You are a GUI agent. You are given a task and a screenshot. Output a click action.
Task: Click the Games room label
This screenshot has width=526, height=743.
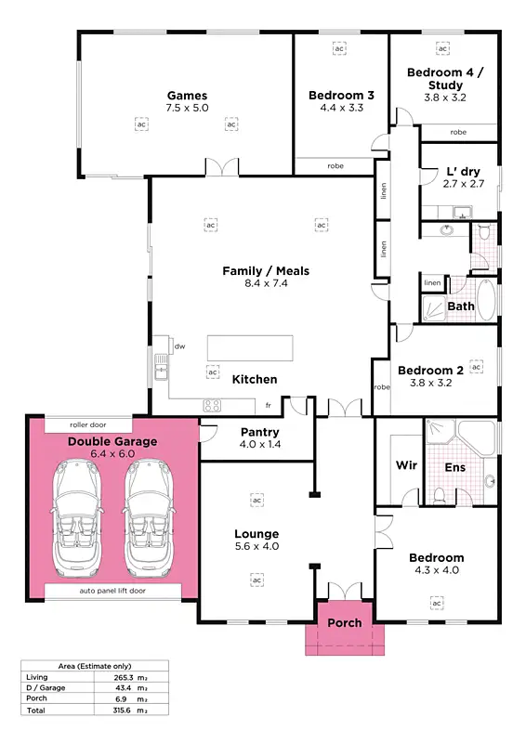pyautogui.click(x=187, y=95)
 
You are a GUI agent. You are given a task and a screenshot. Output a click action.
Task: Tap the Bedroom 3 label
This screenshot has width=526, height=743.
pyautogui.click(x=341, y=95)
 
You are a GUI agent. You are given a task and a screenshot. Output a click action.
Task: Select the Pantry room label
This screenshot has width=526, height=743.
pyautogui.click(x=260, y=432)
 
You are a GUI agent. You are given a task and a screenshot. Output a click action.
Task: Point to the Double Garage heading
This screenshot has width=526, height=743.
pyautogui.click(x=112, y=441)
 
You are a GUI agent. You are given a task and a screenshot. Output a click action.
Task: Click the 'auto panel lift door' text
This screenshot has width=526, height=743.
pyautogui.click(x=112, y=591)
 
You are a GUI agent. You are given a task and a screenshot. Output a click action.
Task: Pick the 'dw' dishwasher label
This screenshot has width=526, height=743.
pyautogui.click(x=179, y=346)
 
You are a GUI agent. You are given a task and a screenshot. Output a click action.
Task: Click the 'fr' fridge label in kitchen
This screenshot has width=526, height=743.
pyautogui.click(x=268, y=406)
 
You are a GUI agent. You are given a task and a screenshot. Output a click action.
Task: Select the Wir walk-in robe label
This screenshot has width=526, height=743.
pyautogui.click(x=406, y=465)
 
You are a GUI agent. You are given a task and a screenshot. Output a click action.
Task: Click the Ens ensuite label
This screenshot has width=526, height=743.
pyautogui.click(x=455, y=467)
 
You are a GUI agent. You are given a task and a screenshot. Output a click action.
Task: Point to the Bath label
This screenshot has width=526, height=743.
pyautogui.click(x=461, y=306)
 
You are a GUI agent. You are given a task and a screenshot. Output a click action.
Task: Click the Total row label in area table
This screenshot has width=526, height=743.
pyautogui.click(x=37, y=710)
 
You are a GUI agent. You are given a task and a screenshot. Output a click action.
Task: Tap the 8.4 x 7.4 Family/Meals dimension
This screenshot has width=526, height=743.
pyautogui.click(x=265, y=284)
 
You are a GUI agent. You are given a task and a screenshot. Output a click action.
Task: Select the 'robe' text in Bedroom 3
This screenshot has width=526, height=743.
pyautogui.click(x=335, y=167)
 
